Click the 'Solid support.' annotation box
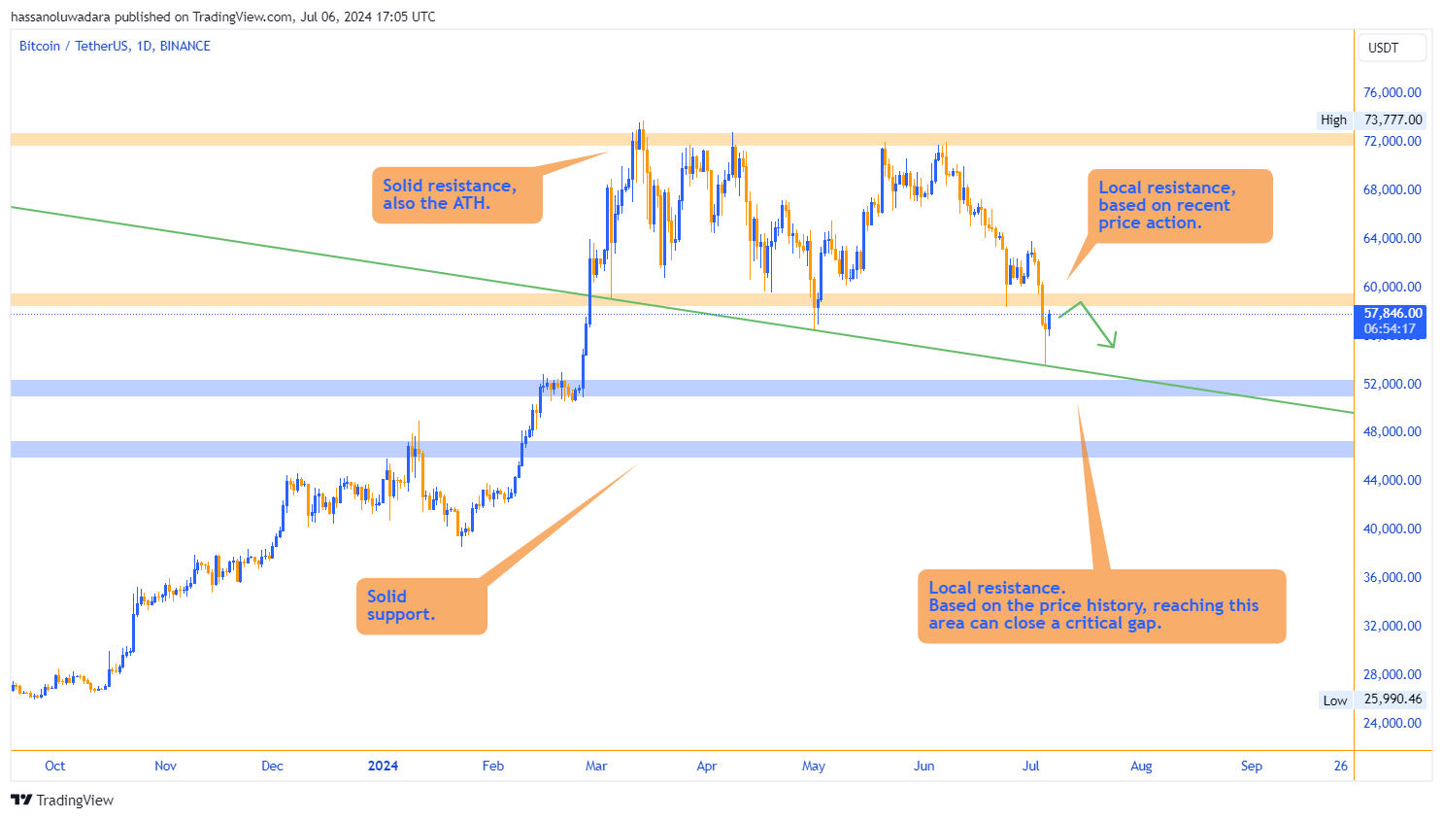click(421, 606)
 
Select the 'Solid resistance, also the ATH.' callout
click(456, 194)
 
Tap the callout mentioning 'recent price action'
click(1179, 206)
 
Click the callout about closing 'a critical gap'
click(1101, 605)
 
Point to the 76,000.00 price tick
click(1392, 92)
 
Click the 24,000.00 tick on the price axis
click(1392, 723)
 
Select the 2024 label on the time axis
click(383, 766)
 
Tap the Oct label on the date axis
click(55, 766)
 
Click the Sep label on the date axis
click(1252, 766)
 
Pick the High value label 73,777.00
click(1393, 119)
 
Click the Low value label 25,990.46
click(1393, 700)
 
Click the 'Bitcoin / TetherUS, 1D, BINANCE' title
click(115, 46)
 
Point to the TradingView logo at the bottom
click(62, 800)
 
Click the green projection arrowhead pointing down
click(1111, 342)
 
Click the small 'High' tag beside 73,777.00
click(1333, 119)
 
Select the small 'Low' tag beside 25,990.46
click(1334, 700)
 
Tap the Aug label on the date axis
click(1141, 766)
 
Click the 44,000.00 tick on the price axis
click(1392, 480)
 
